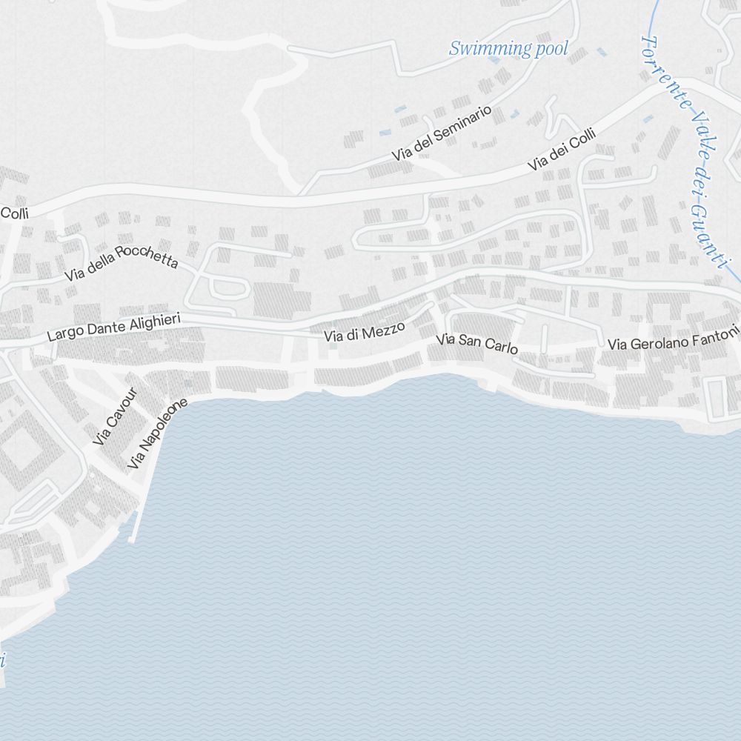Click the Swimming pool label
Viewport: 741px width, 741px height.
[x=508, y=49]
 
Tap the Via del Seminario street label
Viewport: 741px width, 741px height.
[x=442, y=133]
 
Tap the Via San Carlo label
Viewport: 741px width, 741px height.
[x=476, y=344]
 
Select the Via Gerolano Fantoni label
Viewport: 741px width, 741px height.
[x=673, y=339]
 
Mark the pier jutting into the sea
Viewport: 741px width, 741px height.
[x=134, y=525]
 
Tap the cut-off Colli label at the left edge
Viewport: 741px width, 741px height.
[x=14, y=213]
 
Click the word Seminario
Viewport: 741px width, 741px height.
[x=463, y=124]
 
